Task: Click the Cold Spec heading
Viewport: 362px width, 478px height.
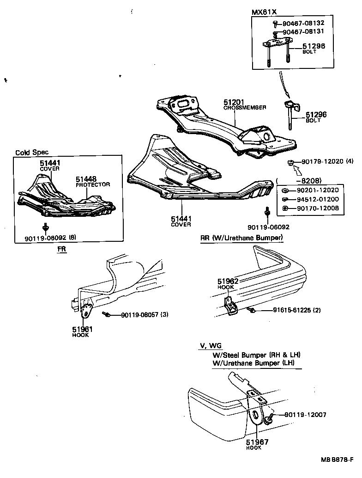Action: pyautogui.click(x=32, y=152)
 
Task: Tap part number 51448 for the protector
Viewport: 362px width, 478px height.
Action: pyautogui.click(x=86, y=178)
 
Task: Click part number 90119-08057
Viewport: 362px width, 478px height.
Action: pyautogui.click(x=140, y=315)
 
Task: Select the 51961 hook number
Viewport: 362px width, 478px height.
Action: pyautogui.click(x=82, y=329)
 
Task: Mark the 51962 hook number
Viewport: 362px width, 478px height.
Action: pyautogui.click(x=228, y=281)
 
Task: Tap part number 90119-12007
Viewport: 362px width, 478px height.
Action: pyautogui.click(x=305, y=415)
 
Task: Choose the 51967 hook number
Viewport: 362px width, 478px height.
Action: pyautogui.click(x=257, y=442)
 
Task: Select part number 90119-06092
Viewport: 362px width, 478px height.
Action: pyautogui.click(x=268, y=227)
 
